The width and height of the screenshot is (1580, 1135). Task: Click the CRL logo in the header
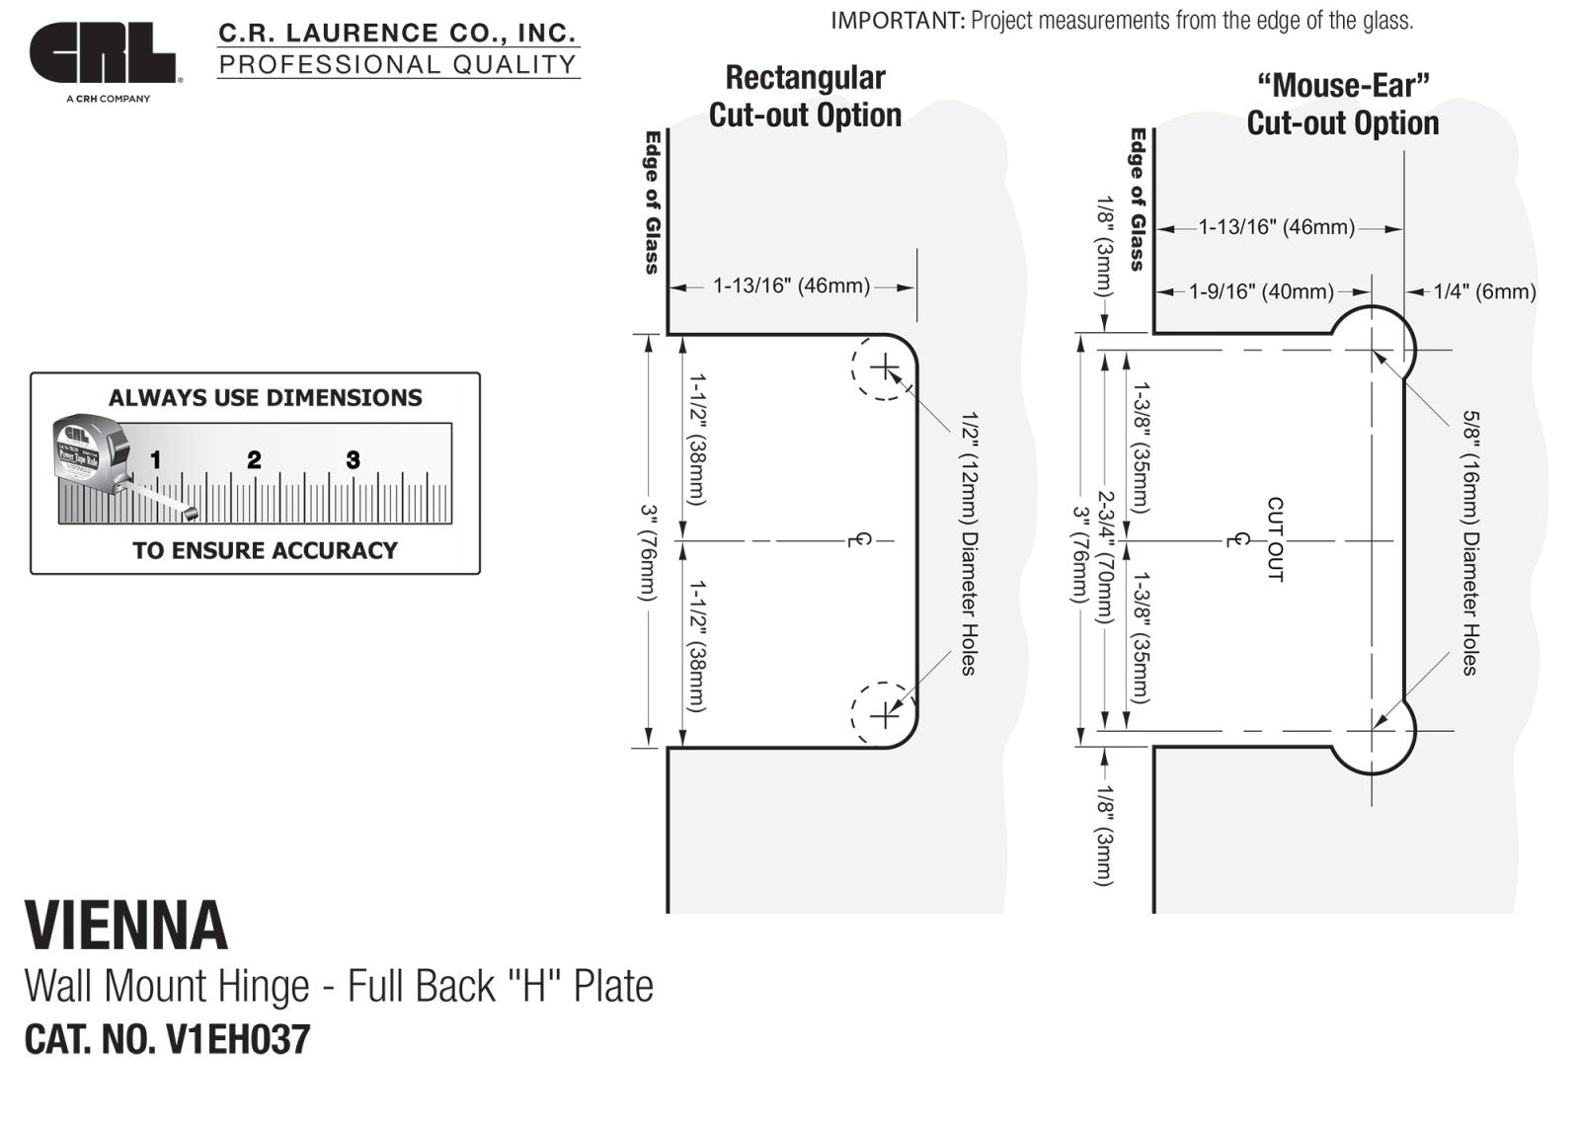pos(103,54)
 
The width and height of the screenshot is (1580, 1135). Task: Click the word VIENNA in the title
pos(126,927)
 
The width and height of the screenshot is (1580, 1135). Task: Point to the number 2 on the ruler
pos(254,459)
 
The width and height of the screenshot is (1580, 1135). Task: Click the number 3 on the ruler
pos(353,459)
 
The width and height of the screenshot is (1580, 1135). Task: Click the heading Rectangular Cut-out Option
pos(805,96)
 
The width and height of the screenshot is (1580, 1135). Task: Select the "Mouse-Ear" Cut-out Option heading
pos(1342,104)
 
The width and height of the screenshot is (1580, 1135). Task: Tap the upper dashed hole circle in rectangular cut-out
pos(883,368)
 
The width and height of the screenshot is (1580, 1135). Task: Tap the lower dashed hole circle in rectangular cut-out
pos(883,713)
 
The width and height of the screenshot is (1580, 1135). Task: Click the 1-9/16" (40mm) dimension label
pos(1261,291)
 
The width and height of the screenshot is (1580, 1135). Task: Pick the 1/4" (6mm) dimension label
pos(1484,291)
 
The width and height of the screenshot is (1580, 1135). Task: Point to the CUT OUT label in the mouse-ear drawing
pos(1275,539)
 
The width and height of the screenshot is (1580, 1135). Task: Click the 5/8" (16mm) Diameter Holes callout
pos(1470,542)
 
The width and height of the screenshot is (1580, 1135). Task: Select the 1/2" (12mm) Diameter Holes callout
pos(969,543)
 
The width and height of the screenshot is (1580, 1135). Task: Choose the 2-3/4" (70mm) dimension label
pos(1107,557)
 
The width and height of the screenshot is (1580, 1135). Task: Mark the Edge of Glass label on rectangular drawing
pos(652,203)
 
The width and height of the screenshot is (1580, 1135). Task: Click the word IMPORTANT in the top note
pos(897,21)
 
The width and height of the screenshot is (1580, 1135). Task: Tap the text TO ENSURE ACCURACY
pos(265,550)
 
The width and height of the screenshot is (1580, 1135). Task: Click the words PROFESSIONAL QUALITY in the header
pos(397,65)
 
